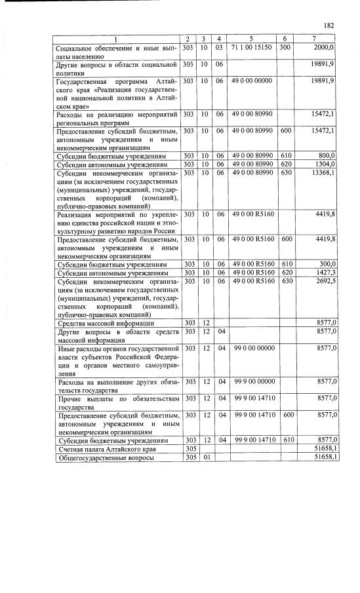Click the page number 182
(x=329, y=25)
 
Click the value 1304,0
(x=323, y=164)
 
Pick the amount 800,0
(x=325, y=156)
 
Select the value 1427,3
(x=323, y=272)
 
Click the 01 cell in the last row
(x=204, y=457)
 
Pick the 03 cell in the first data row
(x=219, y=48)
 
